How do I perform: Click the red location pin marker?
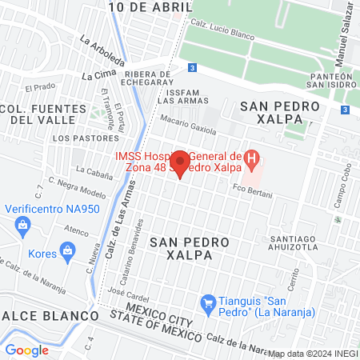point(181,162)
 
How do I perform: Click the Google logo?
point(27,350)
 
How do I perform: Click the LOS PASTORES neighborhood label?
point(74,138)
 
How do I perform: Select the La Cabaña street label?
point(94,170)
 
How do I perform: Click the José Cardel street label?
point(128,300)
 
